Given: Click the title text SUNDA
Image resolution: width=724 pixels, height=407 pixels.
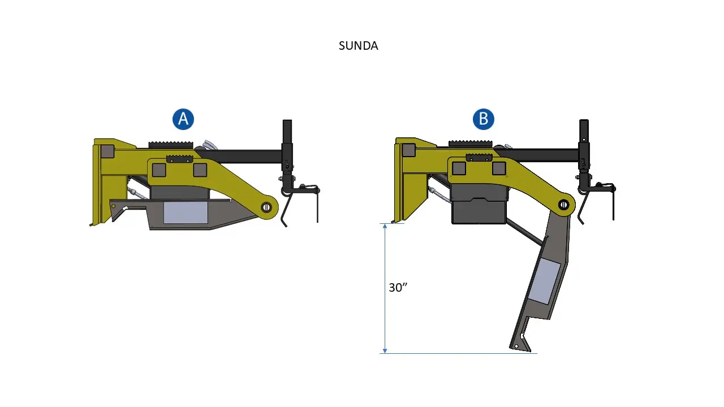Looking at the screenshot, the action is click(x=358, y=46).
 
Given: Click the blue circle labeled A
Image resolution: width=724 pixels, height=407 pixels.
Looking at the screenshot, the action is click(x=183, y=119).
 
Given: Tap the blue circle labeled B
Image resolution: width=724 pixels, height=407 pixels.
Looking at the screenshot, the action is click(x=484, y=119).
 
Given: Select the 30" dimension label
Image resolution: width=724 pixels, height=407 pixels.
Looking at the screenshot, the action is click(x=398, y=288).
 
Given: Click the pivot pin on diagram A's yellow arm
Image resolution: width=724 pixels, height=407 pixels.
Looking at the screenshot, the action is click(x=266, y=207).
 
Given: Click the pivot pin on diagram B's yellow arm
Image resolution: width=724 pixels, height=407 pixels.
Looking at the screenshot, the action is click(x=563, y=205).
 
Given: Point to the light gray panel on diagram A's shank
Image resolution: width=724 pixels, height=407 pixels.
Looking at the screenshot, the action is click(x=186, y=213).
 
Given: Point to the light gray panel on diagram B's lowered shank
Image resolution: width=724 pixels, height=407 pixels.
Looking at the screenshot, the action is click(x=544, y=281).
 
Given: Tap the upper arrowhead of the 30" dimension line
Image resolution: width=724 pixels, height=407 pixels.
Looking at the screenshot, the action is click(x=385, y=226).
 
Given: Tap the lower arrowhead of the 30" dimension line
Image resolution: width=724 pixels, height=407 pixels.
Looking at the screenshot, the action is click(x=385, y=350).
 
